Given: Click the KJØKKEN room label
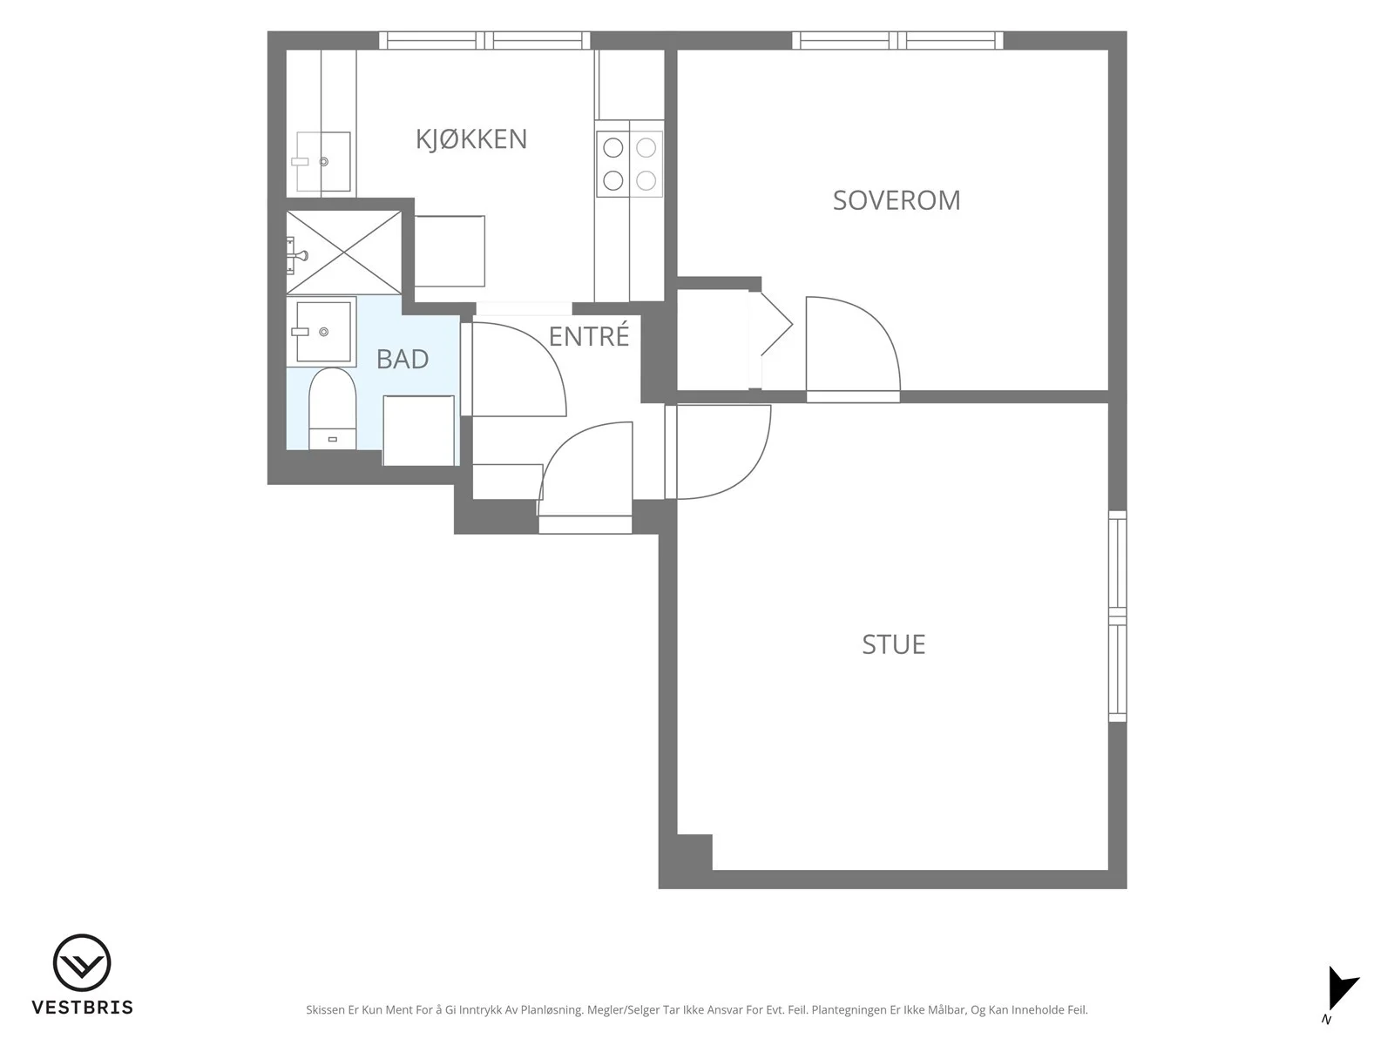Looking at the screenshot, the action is (x=471, y=139).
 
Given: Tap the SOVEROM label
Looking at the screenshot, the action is (x=897, y=200).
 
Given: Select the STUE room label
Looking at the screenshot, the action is (x=894, y=644).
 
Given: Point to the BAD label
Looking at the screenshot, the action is (x=403, y=359).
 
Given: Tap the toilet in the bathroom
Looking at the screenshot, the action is (x=332, y=408).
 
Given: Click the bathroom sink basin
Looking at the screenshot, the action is (x=323, y=331).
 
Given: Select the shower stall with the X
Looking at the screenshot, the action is (x=343, y=253).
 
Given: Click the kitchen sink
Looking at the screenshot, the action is (x=323, y=162).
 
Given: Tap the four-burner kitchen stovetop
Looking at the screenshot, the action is (x=629, y=165).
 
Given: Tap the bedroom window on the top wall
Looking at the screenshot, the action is (x=897, y=40).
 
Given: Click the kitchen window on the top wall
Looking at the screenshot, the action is (x=484, y=40).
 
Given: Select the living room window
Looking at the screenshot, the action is (x=1118, y=616).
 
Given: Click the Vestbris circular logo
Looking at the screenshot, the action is (x=82, y=962).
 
